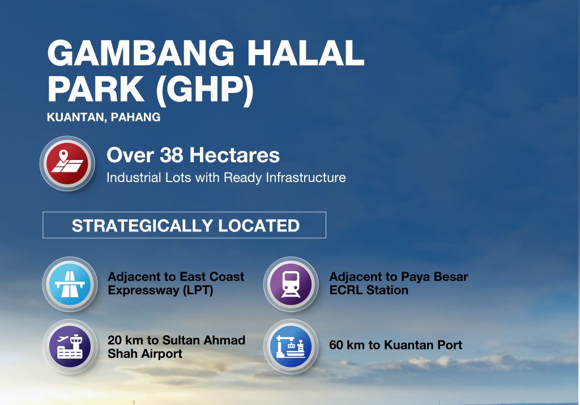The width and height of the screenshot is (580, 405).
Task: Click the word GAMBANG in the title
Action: coord(141,53)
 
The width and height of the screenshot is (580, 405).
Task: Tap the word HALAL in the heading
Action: coord(306,53)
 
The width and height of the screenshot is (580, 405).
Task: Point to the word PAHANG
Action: coord(136,117)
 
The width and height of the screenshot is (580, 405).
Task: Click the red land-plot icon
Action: coord(67,163)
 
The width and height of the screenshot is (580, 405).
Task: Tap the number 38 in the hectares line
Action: coord(171,155)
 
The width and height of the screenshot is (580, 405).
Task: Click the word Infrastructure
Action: coord(306,178)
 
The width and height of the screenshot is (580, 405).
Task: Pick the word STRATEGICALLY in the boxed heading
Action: coord(142,226)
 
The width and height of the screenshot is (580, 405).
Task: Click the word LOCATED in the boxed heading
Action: coord(259,226)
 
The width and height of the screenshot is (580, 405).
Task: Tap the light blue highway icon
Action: coord(70,284)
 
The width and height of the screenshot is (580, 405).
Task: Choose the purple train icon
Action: coord(291,284)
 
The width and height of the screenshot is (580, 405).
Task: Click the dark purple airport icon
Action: coord(70,347)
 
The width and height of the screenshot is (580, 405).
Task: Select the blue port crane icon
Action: coord(291,347)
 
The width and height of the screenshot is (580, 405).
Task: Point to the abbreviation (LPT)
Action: coord(198,290)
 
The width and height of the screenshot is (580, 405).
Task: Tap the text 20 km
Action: coord(125,340)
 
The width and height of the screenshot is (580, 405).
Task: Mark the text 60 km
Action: coord(347,345)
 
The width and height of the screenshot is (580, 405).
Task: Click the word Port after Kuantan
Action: coord(450,345)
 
